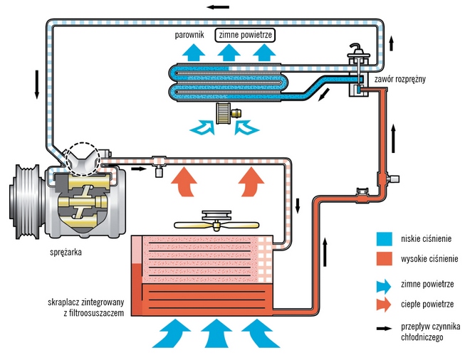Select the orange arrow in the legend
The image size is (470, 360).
[386, 304]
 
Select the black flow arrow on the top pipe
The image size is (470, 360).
[219, 7]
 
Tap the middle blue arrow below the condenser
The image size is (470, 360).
[212, 332]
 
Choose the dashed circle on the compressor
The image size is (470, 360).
[81, 158]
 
